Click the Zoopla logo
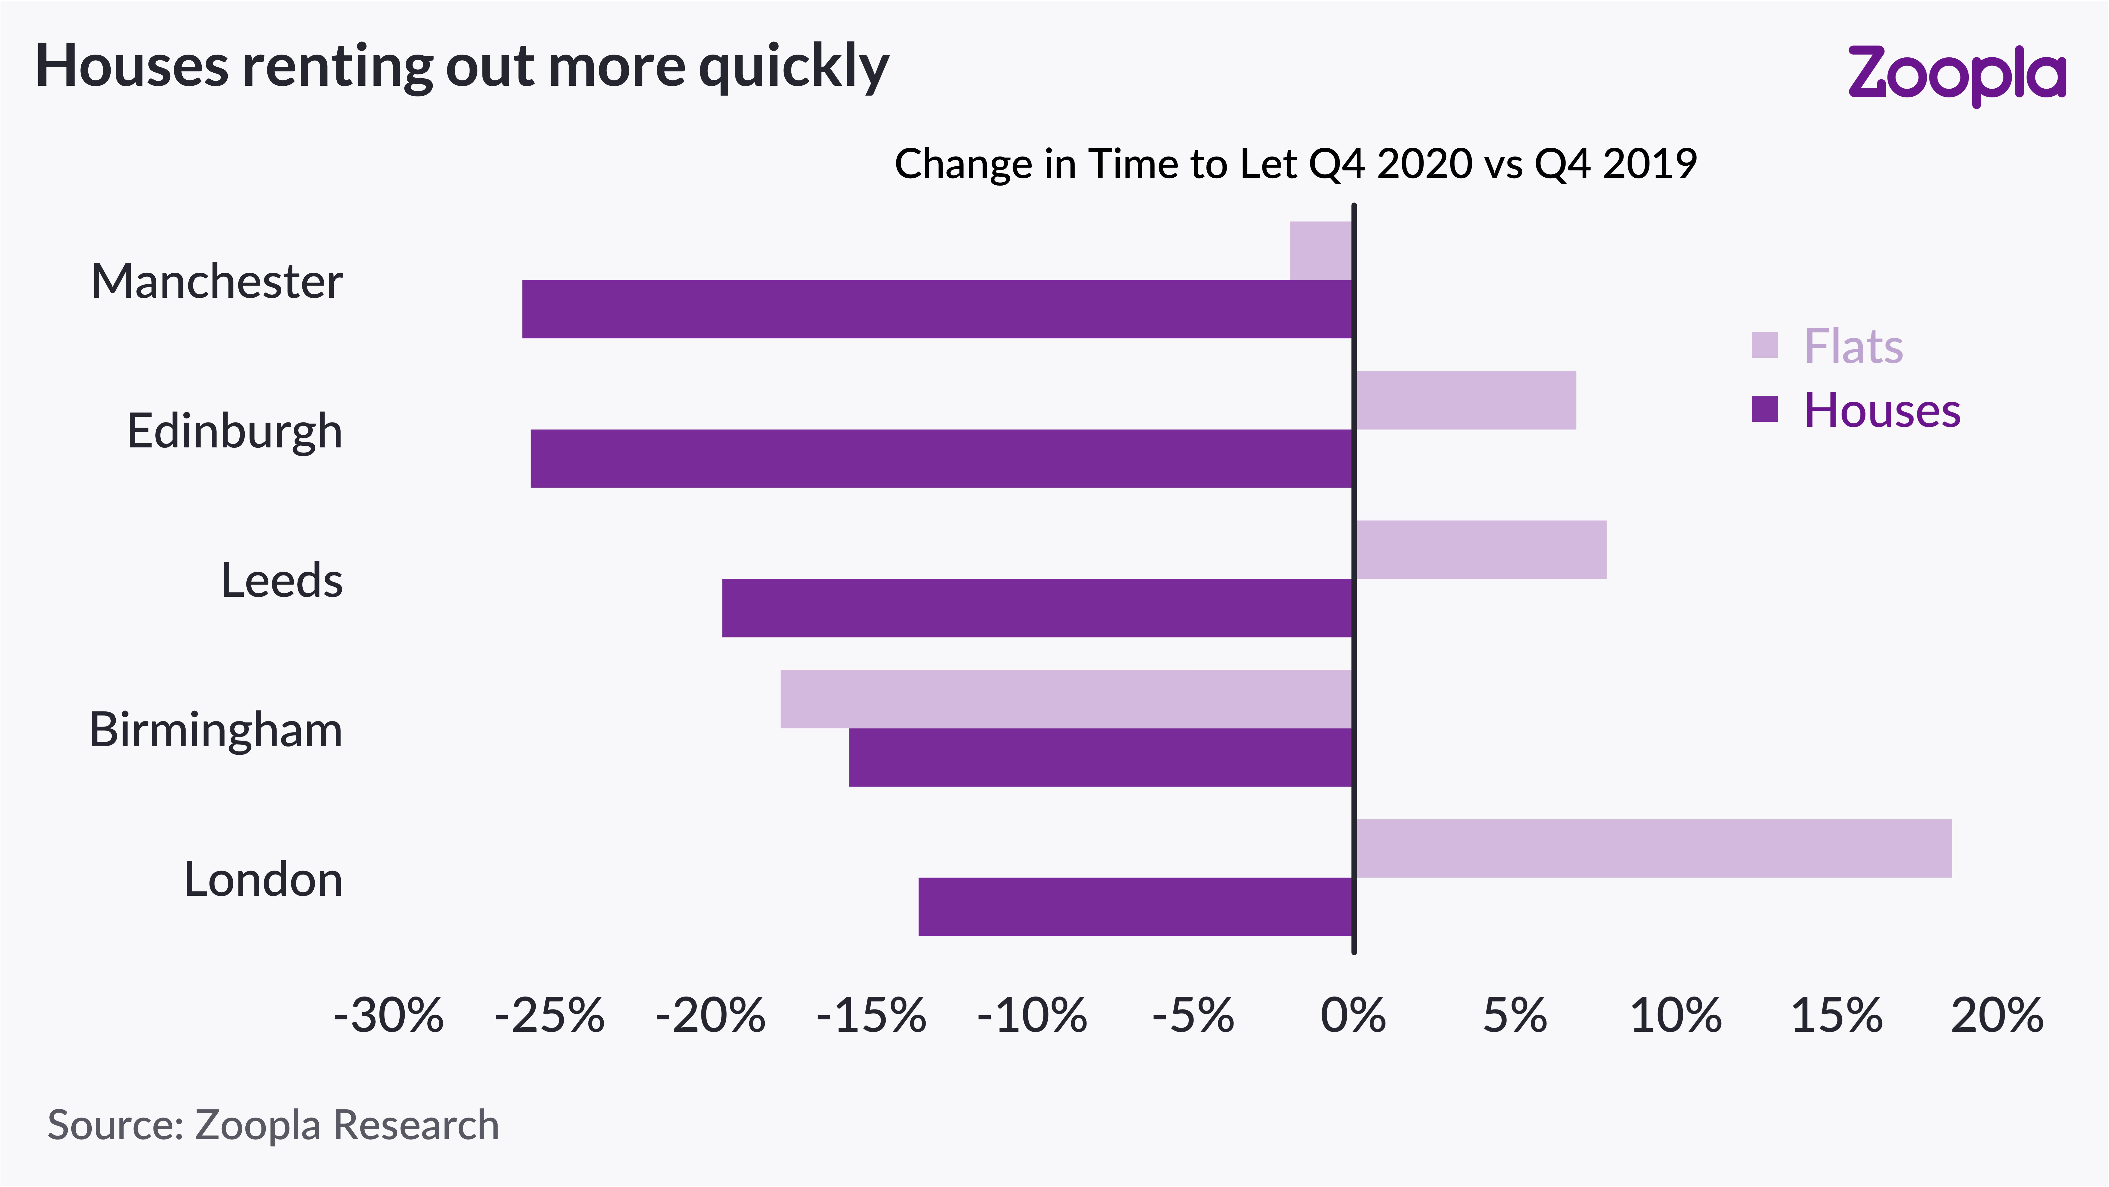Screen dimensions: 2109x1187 click(1957, 75)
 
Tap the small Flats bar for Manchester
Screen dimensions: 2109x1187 click(1321, 251)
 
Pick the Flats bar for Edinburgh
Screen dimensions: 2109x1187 click(1465, 400)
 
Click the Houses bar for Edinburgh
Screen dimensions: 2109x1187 click(942, 458)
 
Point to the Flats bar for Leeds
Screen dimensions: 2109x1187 click(1481, 549)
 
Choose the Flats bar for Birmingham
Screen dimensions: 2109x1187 click(1066, 699)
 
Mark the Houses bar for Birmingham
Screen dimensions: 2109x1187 click(1100, 757)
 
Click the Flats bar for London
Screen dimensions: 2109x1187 click(1654, 848)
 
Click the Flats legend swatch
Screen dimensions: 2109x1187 click(1765, 345)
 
